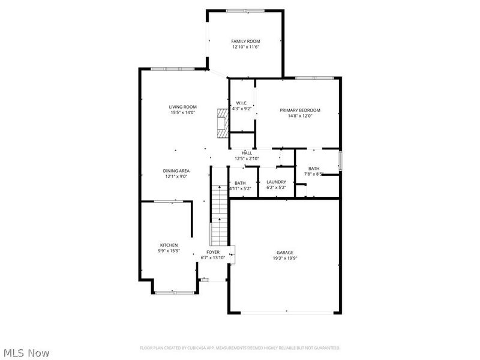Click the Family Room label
pos(246,41)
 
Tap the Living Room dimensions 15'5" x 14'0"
pos(183,113)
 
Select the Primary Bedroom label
pos(300,110)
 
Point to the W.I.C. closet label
pos(242,103)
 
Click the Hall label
pos(247,153)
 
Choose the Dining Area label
pos(176,171)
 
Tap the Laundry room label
pos(277,182)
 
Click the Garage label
pos(285,252)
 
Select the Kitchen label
pos(169,245)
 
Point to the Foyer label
pos(213,252)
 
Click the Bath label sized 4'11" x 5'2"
pos(240,183)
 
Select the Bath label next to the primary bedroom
pos(314,168)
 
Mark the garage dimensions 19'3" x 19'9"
pos(285,258)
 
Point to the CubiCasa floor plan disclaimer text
pos(240,347)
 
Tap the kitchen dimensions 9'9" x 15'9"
pos(169,251)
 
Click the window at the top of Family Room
pos(244,10)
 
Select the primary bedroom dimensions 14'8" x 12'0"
pos(300,116)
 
